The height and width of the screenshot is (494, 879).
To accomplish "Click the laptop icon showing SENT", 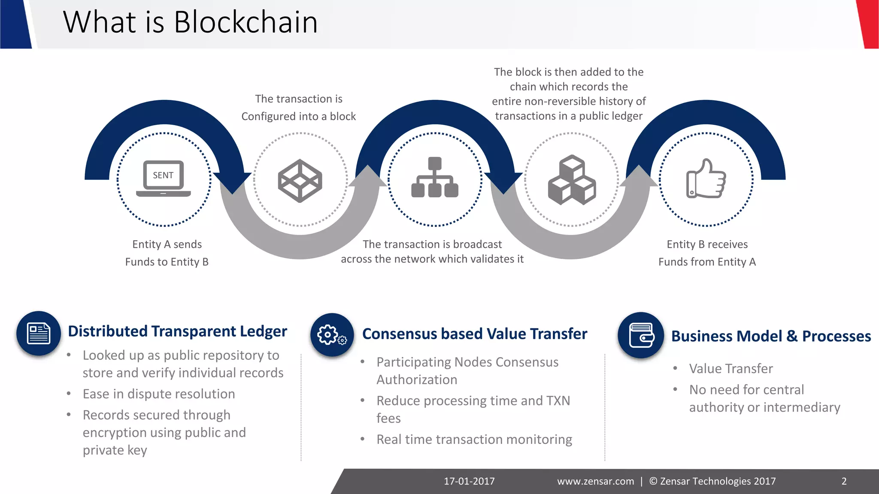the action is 164,178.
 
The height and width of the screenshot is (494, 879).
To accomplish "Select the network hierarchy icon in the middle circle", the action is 435,178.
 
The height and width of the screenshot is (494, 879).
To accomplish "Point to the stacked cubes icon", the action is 572,180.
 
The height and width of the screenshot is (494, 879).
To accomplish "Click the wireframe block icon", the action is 300,181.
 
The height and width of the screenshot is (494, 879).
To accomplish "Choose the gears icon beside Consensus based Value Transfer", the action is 332,335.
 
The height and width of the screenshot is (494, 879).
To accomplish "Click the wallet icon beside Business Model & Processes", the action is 641,335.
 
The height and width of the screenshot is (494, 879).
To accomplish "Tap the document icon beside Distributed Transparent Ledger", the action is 39,333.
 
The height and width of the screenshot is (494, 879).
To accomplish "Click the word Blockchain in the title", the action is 246,22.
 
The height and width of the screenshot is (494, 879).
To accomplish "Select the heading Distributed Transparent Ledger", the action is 177,331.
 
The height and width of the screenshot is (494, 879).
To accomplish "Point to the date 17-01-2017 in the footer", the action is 469,481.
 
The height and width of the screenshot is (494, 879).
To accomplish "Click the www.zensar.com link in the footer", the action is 595,481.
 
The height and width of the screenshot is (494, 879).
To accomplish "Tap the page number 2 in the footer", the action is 844,481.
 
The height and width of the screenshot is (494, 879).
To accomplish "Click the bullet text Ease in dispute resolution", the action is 159,394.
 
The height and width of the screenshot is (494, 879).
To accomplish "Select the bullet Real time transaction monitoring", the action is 474,440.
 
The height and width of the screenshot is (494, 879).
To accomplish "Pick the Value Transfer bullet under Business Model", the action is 731,368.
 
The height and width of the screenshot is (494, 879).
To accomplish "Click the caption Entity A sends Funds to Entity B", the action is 167,253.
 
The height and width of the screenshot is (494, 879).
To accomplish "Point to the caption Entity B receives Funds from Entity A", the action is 707,253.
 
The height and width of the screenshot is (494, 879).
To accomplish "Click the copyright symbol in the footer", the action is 653,481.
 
